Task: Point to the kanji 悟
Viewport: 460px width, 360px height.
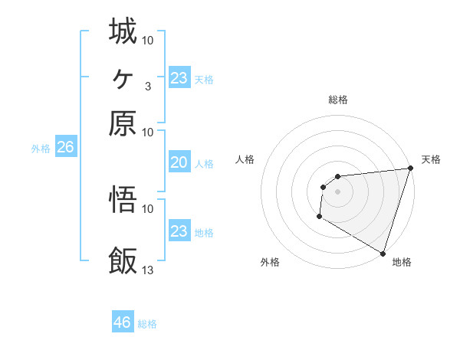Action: [123, 200]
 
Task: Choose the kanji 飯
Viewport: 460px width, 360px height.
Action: [123, 261]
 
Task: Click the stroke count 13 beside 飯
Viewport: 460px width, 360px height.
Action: [148, 270]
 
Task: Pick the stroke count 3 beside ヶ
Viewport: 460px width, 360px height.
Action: [148, 86]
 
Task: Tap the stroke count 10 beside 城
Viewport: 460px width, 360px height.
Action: [148, 39]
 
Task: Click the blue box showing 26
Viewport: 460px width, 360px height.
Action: [65, 148]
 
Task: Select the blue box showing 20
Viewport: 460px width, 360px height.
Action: [179, 162]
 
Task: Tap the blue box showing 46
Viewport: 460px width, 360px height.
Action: [123, 322]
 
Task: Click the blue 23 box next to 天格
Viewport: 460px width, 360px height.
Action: [179, 78]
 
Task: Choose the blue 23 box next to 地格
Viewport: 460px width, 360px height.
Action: [179, 231]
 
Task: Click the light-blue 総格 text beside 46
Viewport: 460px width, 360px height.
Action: [147, 324]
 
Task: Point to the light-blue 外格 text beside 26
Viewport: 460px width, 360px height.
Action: [40, 149]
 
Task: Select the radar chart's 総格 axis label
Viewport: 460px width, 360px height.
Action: [338, 100]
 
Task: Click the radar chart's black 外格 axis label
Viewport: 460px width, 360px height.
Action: [270, 262]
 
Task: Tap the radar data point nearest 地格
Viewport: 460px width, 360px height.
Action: [383, 253]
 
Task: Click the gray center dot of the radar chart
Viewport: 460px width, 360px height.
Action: [337, 191]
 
